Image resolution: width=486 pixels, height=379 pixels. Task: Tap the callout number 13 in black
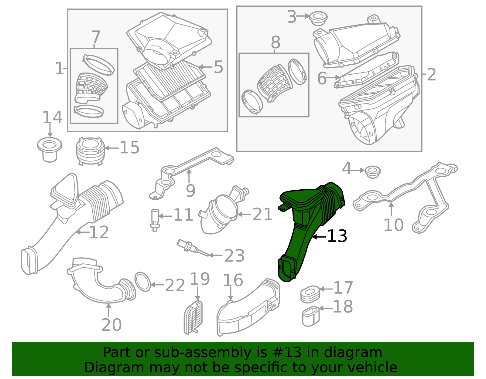coord(337,236)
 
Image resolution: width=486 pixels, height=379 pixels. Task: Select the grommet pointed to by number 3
coord(319,19)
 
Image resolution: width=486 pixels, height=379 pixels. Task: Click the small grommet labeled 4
coord(373,172)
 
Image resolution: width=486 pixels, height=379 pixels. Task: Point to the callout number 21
coord(262,214)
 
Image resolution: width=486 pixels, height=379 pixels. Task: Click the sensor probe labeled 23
coord(193,248)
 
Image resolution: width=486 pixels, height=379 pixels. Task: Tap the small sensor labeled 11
coord(155,220)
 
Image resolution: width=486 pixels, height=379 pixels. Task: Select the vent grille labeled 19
coord(193,317)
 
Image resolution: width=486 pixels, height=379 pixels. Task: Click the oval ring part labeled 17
coord(310,294)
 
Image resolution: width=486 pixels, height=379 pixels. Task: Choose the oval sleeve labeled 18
coord(311,316)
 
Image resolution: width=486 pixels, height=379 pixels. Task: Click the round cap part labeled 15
coord(90,151)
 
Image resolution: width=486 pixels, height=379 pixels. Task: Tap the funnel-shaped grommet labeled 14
coord(50,150)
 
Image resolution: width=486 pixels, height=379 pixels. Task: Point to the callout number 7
coord(96,37)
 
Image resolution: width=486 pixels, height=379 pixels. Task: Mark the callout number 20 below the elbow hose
coord(111,325)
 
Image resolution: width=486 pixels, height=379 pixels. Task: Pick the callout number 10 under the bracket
coord(394,225)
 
